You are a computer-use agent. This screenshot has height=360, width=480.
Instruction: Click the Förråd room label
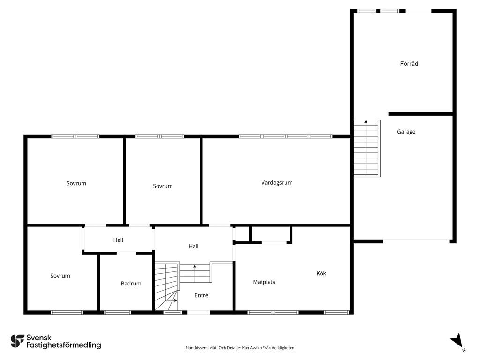tap(409, 64)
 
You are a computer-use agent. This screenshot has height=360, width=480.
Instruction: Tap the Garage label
tap(406, 132)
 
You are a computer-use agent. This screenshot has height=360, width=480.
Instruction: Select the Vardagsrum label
tap(277, 183)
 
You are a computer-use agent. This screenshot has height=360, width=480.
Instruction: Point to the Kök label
tap(321, 273)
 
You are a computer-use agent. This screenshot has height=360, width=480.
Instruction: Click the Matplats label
tap(264, 282)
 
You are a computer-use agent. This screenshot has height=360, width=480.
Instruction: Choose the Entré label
tap(202, 295)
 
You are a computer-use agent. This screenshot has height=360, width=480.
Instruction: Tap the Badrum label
tap(131, 284)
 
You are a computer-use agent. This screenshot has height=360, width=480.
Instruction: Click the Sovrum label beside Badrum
tap(60, 276)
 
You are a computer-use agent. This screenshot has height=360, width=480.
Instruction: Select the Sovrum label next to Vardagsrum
tap(163, 186)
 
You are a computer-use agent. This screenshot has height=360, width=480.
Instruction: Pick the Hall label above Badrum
tap(118, 240)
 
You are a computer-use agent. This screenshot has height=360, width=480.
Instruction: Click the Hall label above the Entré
tap(194, 246)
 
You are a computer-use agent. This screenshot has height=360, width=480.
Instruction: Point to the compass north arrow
tap(457, 341)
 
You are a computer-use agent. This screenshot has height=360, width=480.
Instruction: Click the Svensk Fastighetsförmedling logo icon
tap(17, 341)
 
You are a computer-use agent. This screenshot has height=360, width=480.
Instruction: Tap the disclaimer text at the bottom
tap(240, 348)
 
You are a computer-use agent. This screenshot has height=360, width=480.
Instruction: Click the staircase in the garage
tap(367, 148)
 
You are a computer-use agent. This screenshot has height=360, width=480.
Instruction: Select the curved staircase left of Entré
tap(166, 286)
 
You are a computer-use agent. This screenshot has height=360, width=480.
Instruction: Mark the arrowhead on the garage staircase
tap(366, 121)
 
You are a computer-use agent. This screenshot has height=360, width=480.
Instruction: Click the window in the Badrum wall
tap(118, 312)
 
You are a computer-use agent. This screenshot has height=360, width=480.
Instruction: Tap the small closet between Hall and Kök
tap(270, 235)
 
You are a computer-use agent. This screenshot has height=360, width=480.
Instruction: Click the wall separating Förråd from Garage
tap(420, 114)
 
